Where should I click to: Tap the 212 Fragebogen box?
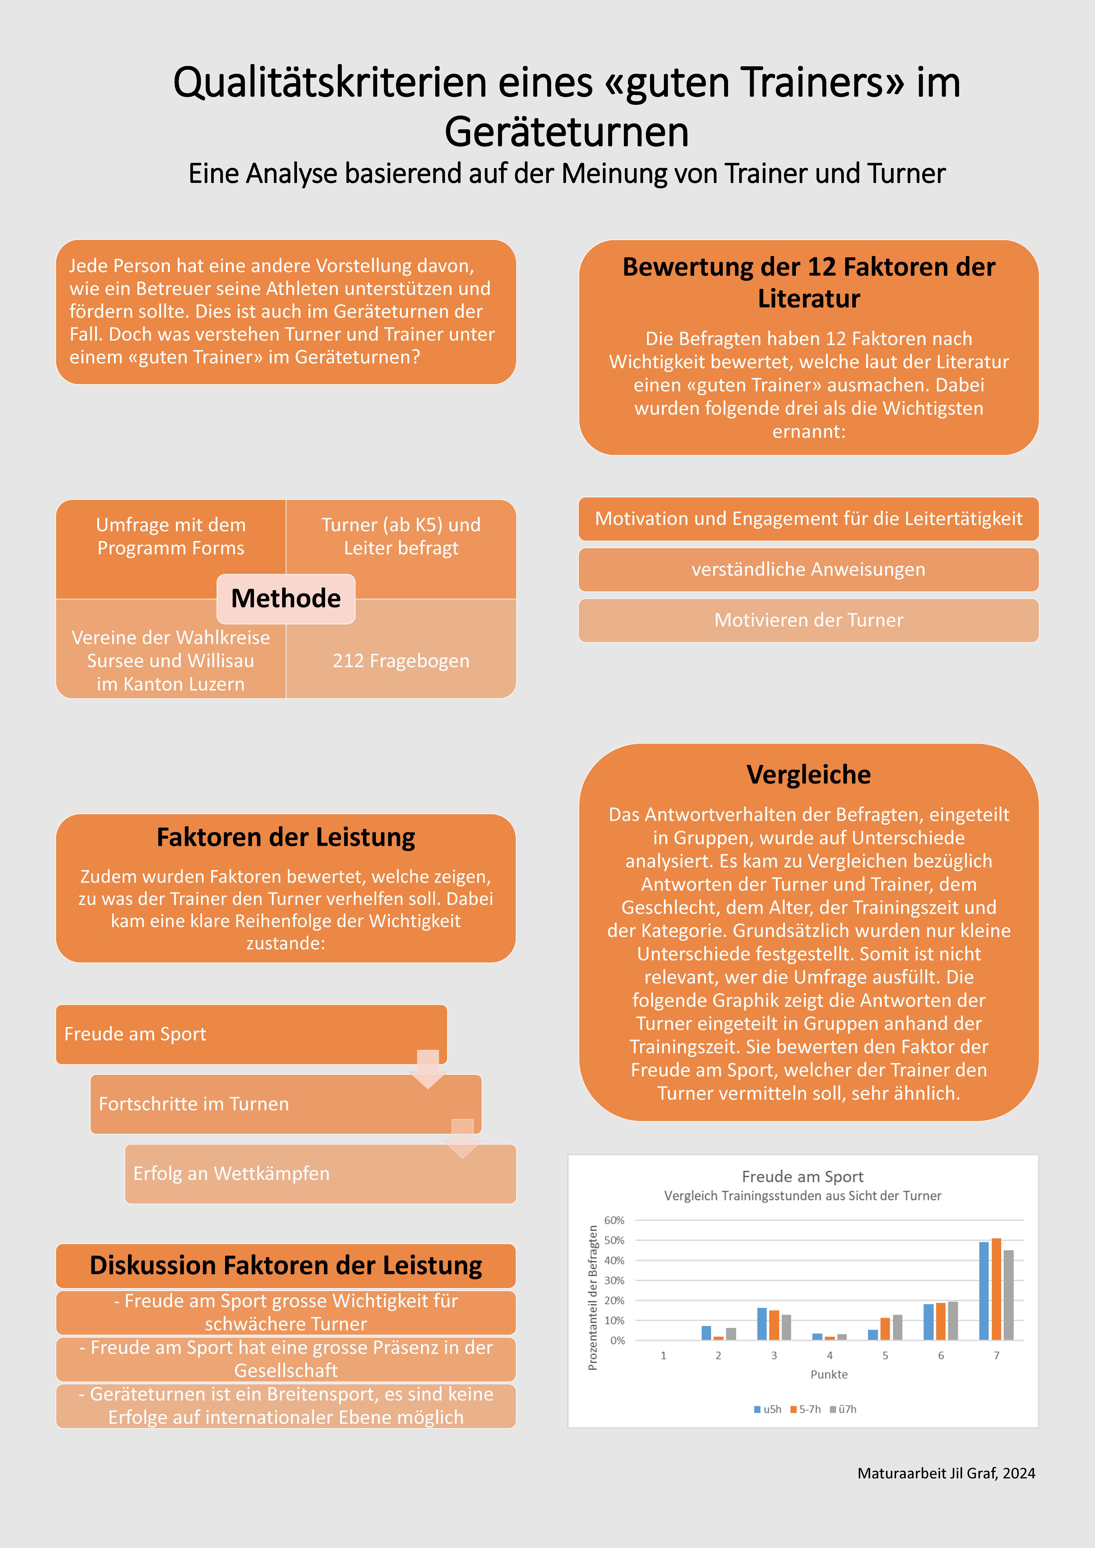coord(401,661)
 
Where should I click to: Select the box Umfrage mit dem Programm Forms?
coord(171,537)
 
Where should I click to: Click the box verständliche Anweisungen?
coord(808,570)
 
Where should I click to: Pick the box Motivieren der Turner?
coord(808,620)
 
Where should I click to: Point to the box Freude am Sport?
coord(251,1034)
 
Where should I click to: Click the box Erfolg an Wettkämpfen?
coord(320,1174)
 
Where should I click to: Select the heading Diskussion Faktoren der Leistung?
coord(286,1266)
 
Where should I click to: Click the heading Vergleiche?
coord(808,775)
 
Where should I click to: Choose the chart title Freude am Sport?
coord(802,1176)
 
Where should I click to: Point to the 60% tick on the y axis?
coord(614,1220)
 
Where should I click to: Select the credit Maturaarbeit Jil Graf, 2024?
coord(946,1473)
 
